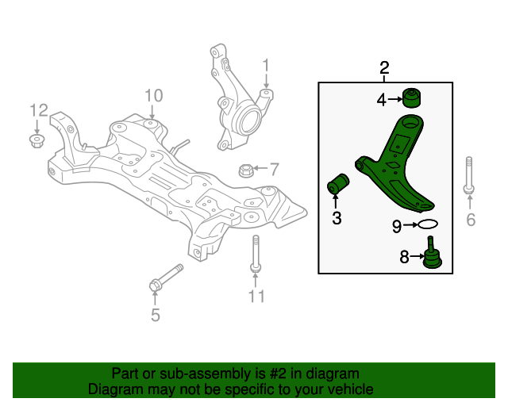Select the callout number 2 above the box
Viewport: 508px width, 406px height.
385,67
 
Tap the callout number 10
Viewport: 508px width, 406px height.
152,96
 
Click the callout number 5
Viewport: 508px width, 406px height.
156,316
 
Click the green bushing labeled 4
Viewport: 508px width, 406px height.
411,98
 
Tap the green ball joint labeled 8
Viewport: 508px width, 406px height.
431,255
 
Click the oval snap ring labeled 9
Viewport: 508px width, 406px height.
428,226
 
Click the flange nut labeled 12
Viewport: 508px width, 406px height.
36,140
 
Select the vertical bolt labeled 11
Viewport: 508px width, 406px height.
255,255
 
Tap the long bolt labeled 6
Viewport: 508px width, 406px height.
468,174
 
